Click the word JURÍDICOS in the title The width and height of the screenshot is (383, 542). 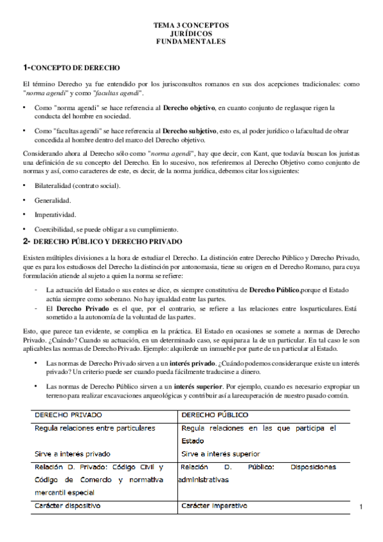click(190, 33)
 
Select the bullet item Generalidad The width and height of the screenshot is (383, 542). click(53, 200)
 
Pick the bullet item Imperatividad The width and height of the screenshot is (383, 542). click(56, 215)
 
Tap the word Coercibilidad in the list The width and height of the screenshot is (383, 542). click(56, 229)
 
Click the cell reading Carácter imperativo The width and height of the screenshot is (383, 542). click(214, 506)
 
